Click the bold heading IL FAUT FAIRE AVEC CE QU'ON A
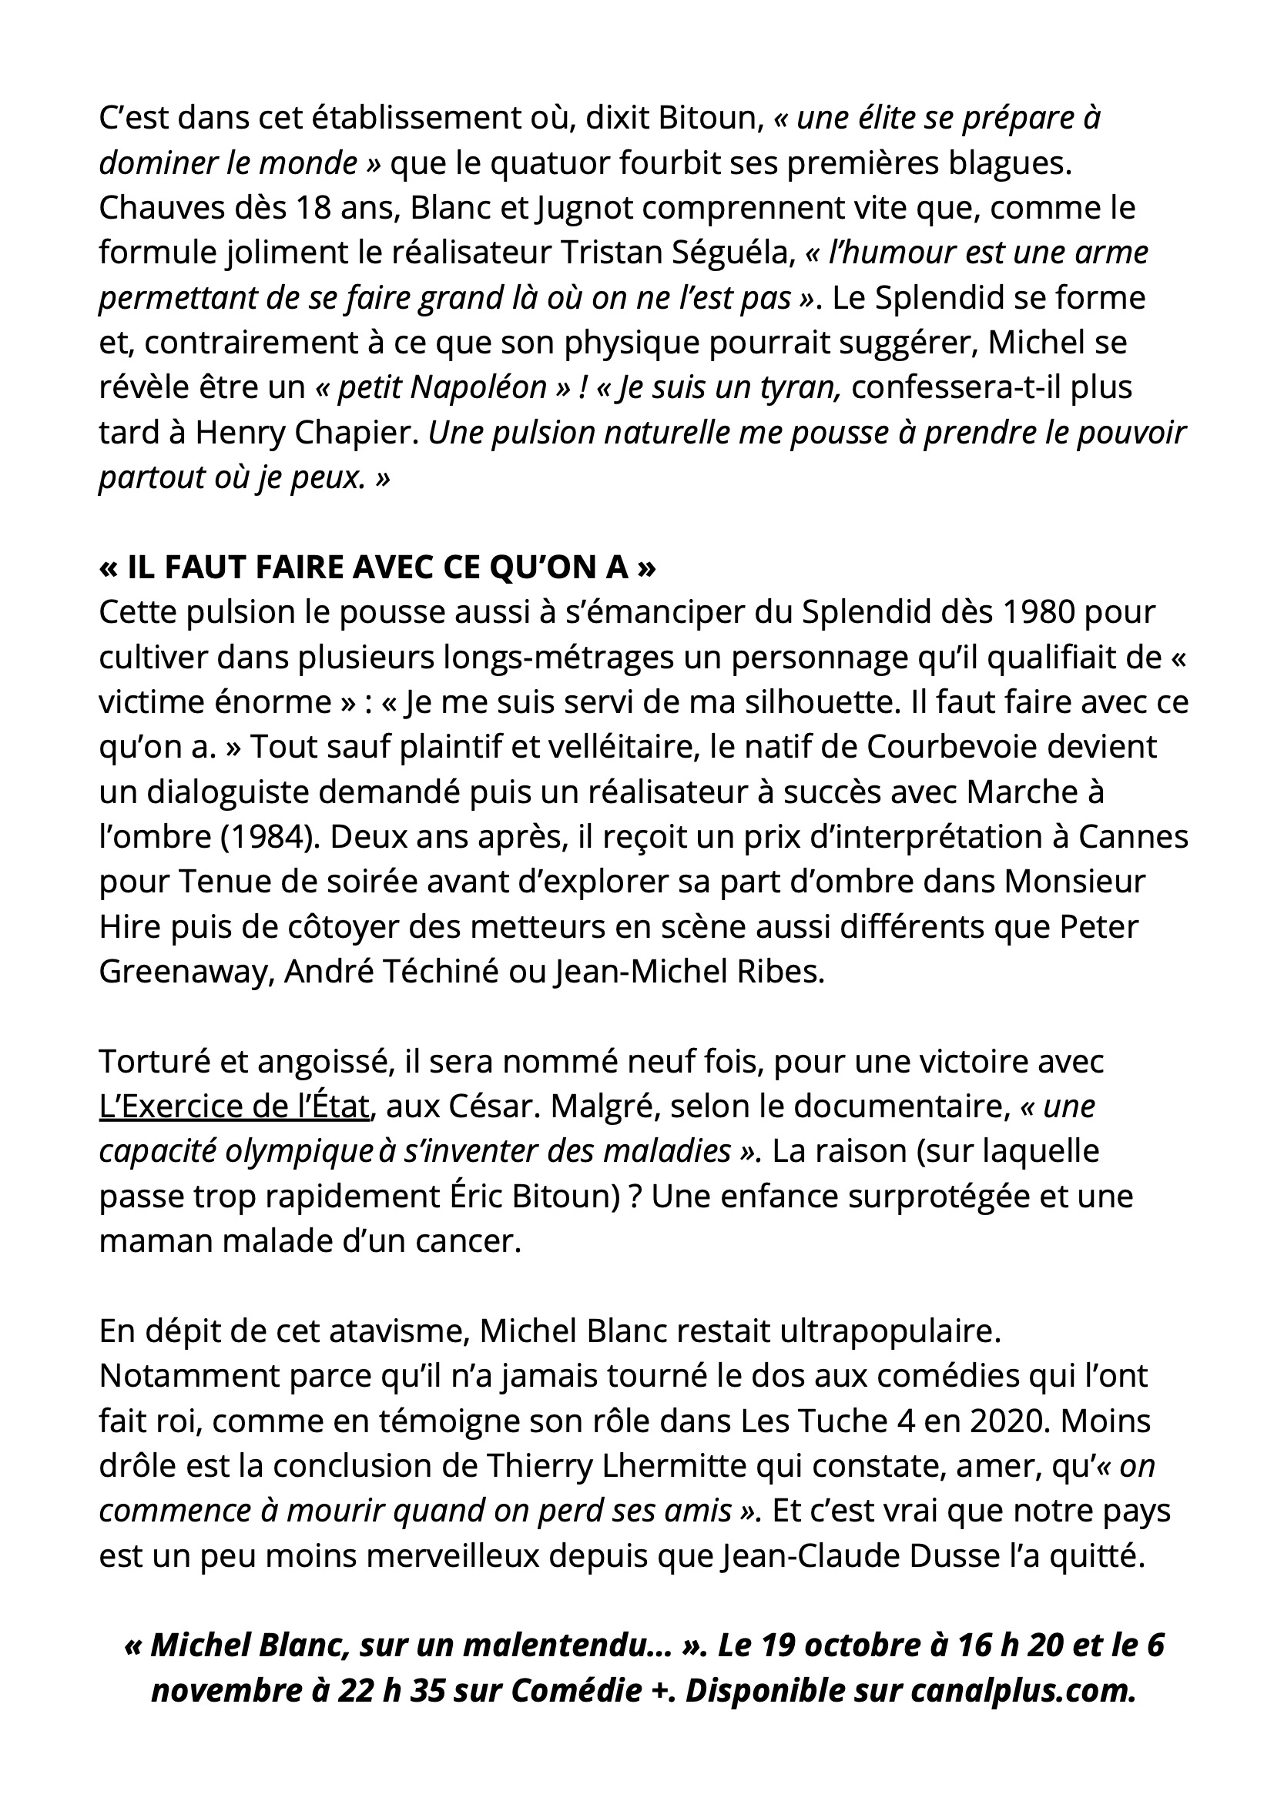377,567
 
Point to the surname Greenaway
185,972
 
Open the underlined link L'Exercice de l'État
234,1106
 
